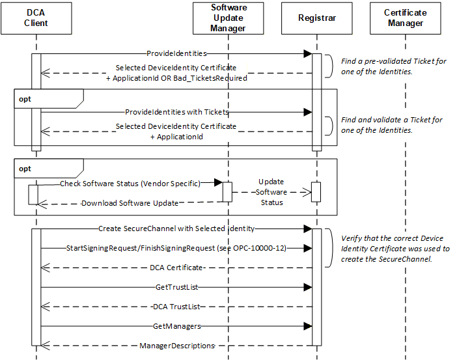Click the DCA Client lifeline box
click(36, 18)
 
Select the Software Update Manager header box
click(228, 18)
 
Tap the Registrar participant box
click(317, 18)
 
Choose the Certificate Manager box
click(406, 18)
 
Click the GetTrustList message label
click(177, 287)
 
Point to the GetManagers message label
click(177, 326)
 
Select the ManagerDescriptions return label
click(177, 346)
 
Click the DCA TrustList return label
click(176, 307)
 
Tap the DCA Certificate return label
click(176, 268)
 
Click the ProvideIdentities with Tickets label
click(177, 112)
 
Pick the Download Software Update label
click(130, 203)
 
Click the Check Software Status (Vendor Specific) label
click(130, 184)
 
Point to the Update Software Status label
click(271, 192)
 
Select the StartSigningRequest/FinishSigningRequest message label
click(176, 248)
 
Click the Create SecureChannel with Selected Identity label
click(176, 228)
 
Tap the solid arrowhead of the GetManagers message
click(308, 326)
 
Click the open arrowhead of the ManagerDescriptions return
click(45, 346)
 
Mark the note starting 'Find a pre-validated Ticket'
click(393, 66)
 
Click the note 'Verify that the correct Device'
click(395, 249)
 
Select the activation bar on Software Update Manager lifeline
click(227, 192)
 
